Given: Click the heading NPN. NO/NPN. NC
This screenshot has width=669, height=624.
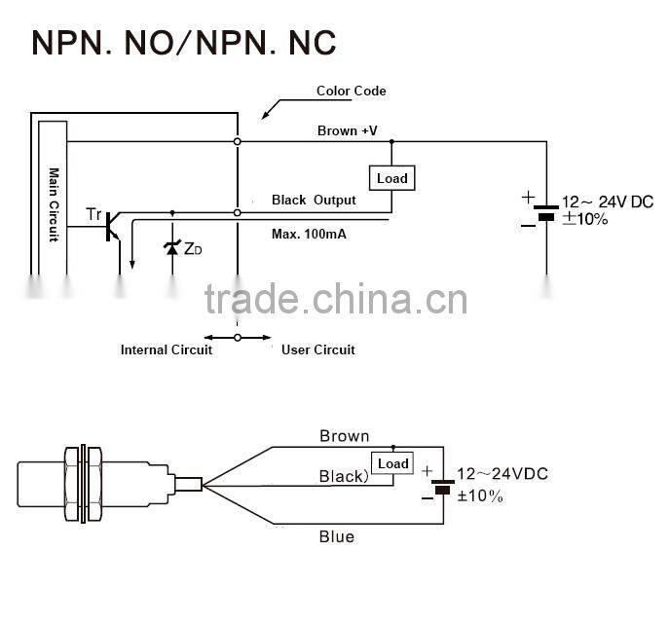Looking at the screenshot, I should [x=184, y=43].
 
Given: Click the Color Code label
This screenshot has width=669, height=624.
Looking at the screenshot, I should [x=351, y=92].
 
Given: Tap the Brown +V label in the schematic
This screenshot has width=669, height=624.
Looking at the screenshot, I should [x=348, y=130].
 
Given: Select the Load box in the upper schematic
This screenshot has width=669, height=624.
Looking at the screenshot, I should [x=391, y=178].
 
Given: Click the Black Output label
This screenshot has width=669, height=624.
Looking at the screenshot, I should [x=314, y=200].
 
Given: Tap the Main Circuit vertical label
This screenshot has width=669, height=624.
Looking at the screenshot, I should [x=54, y=204].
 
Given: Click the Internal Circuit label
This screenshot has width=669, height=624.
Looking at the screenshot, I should [x=166, y=349].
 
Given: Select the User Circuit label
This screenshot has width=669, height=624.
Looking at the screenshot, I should [x=317, y=349].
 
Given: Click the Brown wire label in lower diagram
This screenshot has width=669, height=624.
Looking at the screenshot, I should [x=344, y=436].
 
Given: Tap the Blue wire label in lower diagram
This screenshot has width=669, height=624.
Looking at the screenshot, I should [x=337, y=536].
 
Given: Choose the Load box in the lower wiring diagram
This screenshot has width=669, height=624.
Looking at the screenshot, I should [x=392, y=463].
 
